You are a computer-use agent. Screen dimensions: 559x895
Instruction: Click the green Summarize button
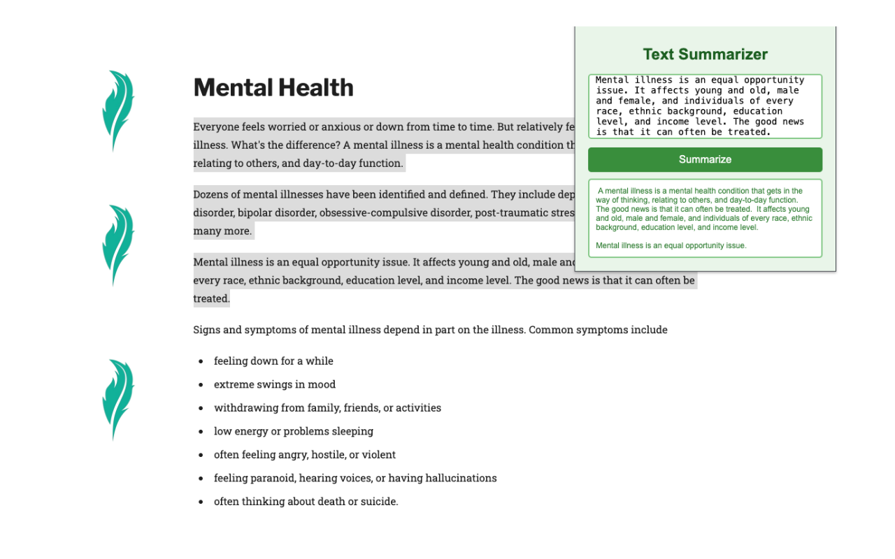pos(705,159)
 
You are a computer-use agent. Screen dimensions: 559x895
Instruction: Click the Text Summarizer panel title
pos(705,55)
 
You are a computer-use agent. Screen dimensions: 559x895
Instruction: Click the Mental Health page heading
pos(273,87)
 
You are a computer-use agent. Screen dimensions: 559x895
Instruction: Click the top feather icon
pos(117,110)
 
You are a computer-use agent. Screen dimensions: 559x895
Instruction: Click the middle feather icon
pos(117,245)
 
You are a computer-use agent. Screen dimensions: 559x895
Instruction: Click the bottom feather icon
pos(117,399)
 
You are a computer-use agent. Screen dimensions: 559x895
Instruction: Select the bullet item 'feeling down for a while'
pos(273,361)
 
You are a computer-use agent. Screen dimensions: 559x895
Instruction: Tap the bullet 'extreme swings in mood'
pos(275,384)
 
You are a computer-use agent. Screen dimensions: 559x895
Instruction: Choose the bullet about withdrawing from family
pos(327,408)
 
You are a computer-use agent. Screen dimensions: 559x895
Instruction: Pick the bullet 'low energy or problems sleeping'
pos(294,431)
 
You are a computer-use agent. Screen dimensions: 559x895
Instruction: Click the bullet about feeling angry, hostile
pos(305,455)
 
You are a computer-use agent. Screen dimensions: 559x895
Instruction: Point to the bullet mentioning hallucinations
pos(355,478)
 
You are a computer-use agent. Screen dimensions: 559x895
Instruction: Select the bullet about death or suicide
pos(306,502)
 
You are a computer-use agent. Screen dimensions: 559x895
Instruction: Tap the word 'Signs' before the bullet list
pos(207,330)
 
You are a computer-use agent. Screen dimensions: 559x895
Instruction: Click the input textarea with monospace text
pos(705,106)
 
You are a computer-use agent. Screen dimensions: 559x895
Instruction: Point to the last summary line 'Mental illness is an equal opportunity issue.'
pos(671,245)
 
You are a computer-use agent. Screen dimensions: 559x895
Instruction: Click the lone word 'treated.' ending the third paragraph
pos(211,298)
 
